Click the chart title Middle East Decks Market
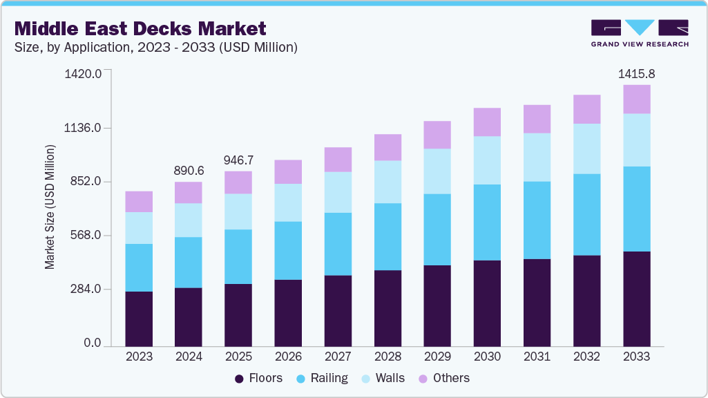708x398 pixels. (x=140, y=28)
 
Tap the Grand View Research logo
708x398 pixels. (x=639, y=33)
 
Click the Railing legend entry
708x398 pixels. (x=322, y=378)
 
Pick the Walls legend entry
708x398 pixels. (x=383, y=378)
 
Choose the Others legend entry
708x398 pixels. (x=443, y=378)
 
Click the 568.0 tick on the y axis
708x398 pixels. (x=86, y=236)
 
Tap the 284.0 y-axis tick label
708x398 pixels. (x=86, y=290)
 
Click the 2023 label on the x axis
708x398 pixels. (x=139, y=357)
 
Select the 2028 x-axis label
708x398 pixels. (x=388, y=357)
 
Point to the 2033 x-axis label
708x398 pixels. (x=636, y=357)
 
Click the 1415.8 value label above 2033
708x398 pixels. (x=636, y=73)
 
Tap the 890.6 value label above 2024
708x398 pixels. (x=189, y=171)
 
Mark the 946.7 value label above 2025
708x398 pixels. (x=238, y=160)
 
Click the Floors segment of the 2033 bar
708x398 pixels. (x=636, y=298)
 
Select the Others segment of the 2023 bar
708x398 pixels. (x=139, y=202)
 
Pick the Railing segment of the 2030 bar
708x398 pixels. (x=487, y=222)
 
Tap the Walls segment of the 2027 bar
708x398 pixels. (x=338, y=192)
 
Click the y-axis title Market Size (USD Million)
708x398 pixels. (x=50, y=207)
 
